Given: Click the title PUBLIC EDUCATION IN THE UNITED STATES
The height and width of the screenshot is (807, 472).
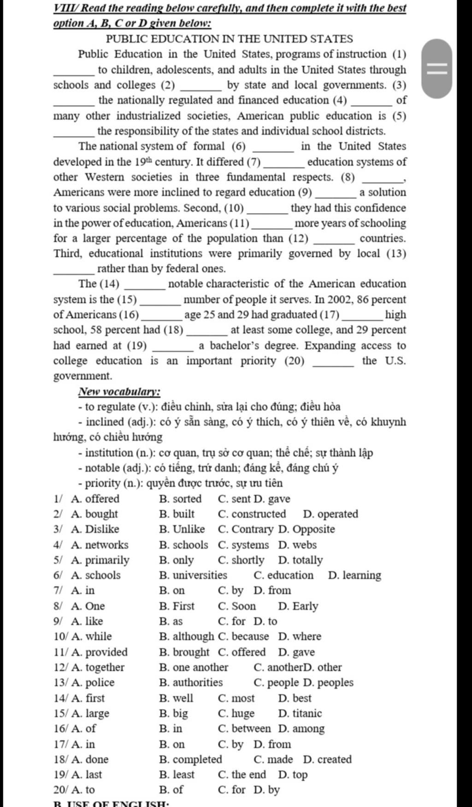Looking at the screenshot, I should tap(229, 39).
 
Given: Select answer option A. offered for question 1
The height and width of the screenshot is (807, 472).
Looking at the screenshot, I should tap(95, 499).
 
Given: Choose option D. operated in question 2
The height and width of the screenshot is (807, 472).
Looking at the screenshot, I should tap(330, 514).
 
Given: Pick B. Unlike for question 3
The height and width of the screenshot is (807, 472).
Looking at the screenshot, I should tap(182, 529).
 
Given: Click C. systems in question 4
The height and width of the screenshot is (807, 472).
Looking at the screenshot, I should tap(243, 545).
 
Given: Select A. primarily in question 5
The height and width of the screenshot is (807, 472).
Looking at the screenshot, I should tap(100, 560).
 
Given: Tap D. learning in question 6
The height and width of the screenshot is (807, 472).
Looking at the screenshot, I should tap(354, 575).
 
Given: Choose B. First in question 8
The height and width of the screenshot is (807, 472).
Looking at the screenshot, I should tap(177, 606).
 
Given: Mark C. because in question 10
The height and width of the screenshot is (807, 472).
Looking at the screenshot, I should tap(243, 637).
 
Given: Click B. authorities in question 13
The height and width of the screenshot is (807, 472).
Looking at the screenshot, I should tap(191, 682).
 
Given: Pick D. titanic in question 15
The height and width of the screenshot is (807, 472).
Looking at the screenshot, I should tap(300, 713).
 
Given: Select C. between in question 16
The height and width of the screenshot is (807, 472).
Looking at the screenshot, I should tap(244, 729).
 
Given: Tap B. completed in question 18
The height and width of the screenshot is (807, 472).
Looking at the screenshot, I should tap(190, 759).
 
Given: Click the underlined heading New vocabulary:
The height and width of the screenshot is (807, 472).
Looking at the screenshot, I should tap(119, 392).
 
